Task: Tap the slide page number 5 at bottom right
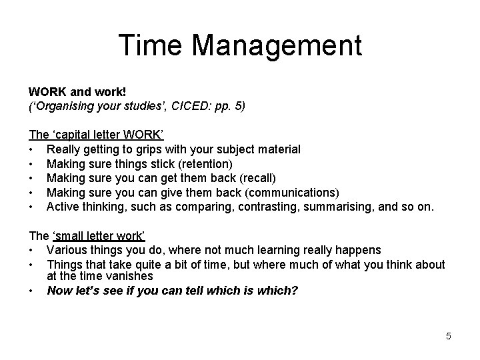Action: [449, 336]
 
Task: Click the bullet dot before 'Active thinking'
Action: [31, 207]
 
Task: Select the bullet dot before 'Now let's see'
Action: [31, 291]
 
